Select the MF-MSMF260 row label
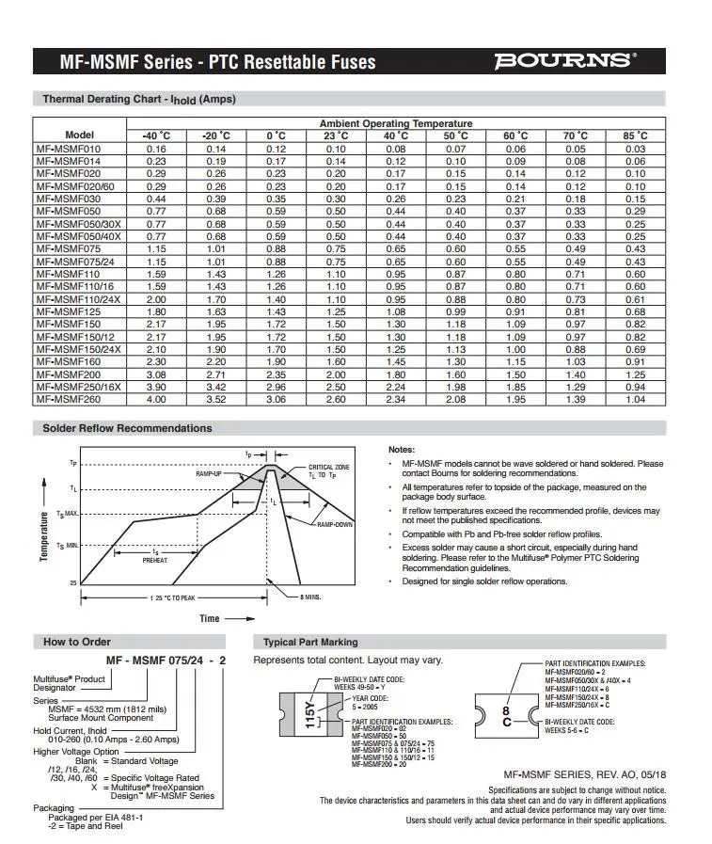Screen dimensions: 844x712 tap(67, 398)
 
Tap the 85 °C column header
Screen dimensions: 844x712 tap(635, 136)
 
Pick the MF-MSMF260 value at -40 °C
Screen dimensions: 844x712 tap(156, 398)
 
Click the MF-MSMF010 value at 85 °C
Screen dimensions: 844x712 tap(635, 149)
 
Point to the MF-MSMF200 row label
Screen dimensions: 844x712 tap(67, 374)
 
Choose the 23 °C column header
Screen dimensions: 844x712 tap(336, 136)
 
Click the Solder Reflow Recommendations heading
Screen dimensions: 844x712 tap(127, 428)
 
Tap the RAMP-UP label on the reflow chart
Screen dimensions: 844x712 tap(209, 474)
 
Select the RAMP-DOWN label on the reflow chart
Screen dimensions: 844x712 tap(334, 524)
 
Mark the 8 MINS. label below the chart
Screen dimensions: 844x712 tap(311, 597)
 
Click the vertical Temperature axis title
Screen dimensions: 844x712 tap(44, 537)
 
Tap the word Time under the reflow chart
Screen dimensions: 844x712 tap(209, 618)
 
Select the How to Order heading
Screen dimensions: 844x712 tap(77, 642)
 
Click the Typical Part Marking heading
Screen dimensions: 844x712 tap(310, 642)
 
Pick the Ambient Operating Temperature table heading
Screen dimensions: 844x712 tap(396, 123)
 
